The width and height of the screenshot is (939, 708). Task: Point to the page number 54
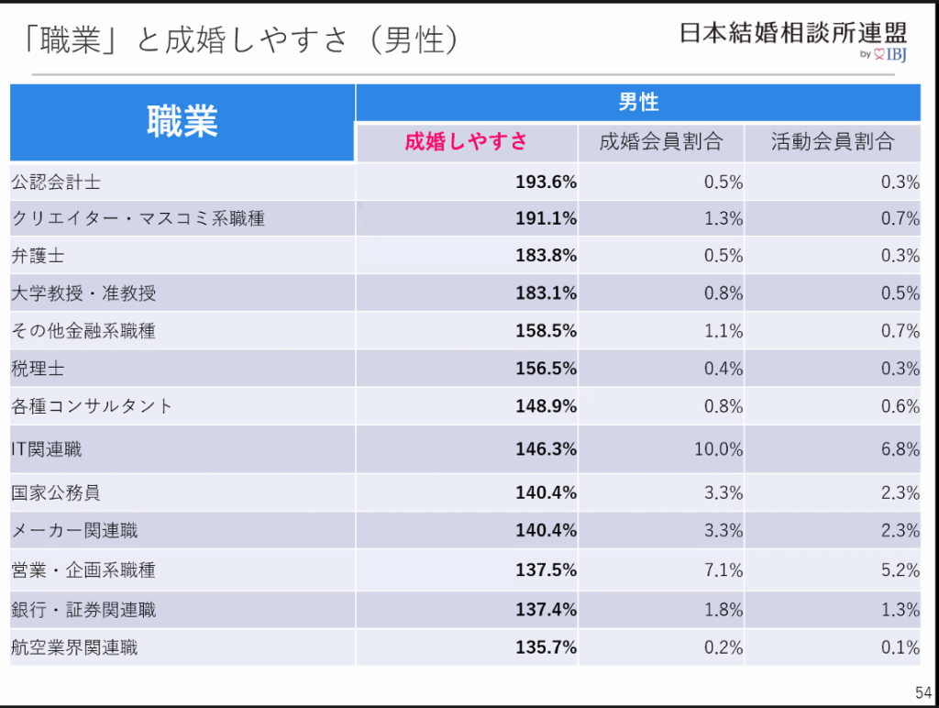click(922, 692)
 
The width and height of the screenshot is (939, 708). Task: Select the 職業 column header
click(182, 122)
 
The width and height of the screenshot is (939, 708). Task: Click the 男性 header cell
click(638, 102)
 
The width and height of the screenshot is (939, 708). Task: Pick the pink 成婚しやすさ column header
click(466, 142)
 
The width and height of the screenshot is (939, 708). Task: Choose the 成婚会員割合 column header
click(660, 142)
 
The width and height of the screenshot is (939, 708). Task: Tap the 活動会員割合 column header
click(832, 142)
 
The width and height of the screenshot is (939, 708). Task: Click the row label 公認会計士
click(56, 182)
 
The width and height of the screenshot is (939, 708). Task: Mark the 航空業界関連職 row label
click(74, 647)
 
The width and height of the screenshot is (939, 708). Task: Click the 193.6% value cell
click(546, 182)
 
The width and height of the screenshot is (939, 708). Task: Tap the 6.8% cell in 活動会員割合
click(900, 449)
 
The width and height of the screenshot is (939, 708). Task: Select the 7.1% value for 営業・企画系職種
click(723, 570)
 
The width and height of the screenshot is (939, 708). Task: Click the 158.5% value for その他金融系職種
click(546, 331)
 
